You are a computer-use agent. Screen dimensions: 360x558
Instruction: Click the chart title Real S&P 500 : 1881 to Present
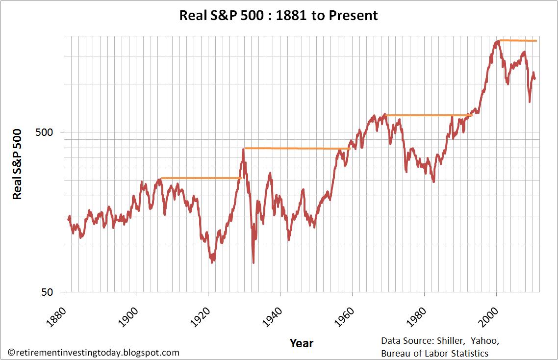click(279, 15)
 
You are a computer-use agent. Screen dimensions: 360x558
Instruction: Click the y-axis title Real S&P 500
click(17, 164)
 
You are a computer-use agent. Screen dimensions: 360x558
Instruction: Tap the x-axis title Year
click(302, 342)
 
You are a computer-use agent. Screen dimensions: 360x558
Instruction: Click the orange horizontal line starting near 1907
click(201, 178)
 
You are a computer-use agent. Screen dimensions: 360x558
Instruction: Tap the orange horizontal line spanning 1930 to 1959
click(297, 148)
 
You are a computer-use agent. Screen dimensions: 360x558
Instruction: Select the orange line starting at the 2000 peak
click(517, 40)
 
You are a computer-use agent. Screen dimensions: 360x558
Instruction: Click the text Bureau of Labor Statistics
click(434, 353)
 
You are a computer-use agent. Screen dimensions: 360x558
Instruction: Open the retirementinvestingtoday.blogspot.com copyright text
click(94, 353)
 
